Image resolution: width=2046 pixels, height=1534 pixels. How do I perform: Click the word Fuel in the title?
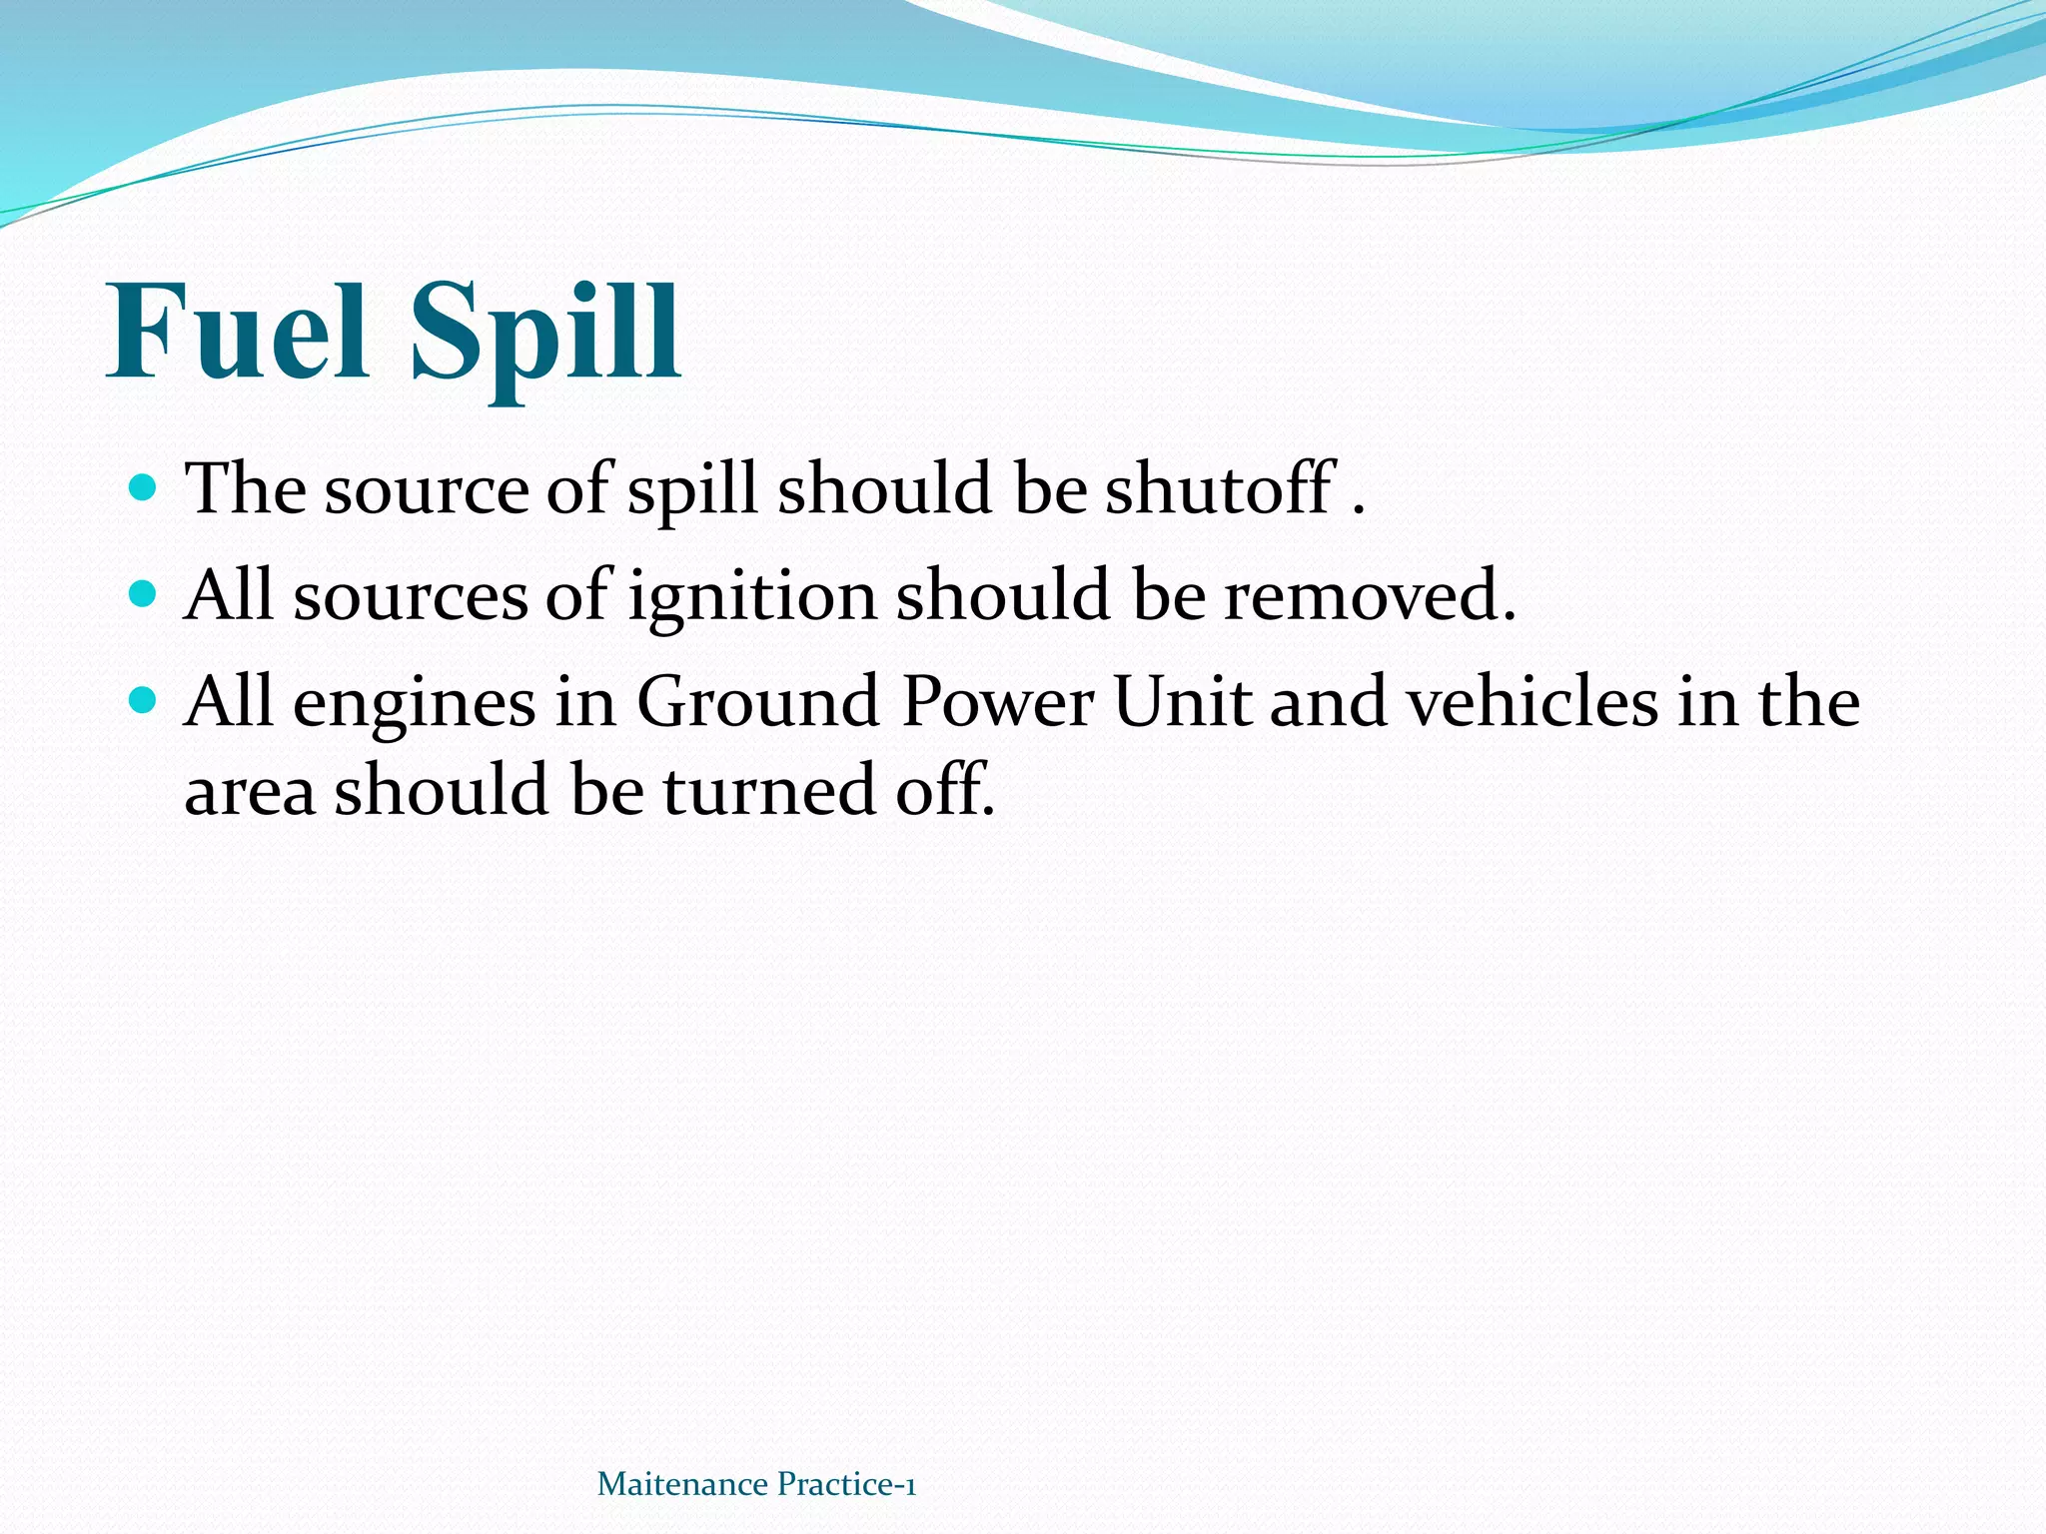click(x=239, y=332)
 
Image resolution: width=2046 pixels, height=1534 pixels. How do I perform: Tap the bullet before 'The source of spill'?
click(x=144, y=488)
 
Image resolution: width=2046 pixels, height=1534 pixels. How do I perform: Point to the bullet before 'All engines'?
click(x=144, y=701)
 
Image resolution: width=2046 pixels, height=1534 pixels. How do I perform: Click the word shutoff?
click(x=1220, y=488)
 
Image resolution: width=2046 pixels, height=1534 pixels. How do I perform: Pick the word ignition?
click(x=752, y=597)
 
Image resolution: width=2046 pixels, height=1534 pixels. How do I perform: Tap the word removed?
click(x=1370, y=595)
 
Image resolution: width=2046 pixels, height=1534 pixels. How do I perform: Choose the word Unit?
click(x=1181, y=702)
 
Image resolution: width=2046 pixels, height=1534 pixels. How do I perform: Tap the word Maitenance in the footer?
click(x=682, y=1484)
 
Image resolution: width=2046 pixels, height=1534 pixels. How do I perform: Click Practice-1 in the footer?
click(x=846, y=1484)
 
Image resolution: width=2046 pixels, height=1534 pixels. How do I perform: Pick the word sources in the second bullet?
click(x=410, y=597)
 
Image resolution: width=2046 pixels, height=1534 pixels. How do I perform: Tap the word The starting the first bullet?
click(x=246, y=488)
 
